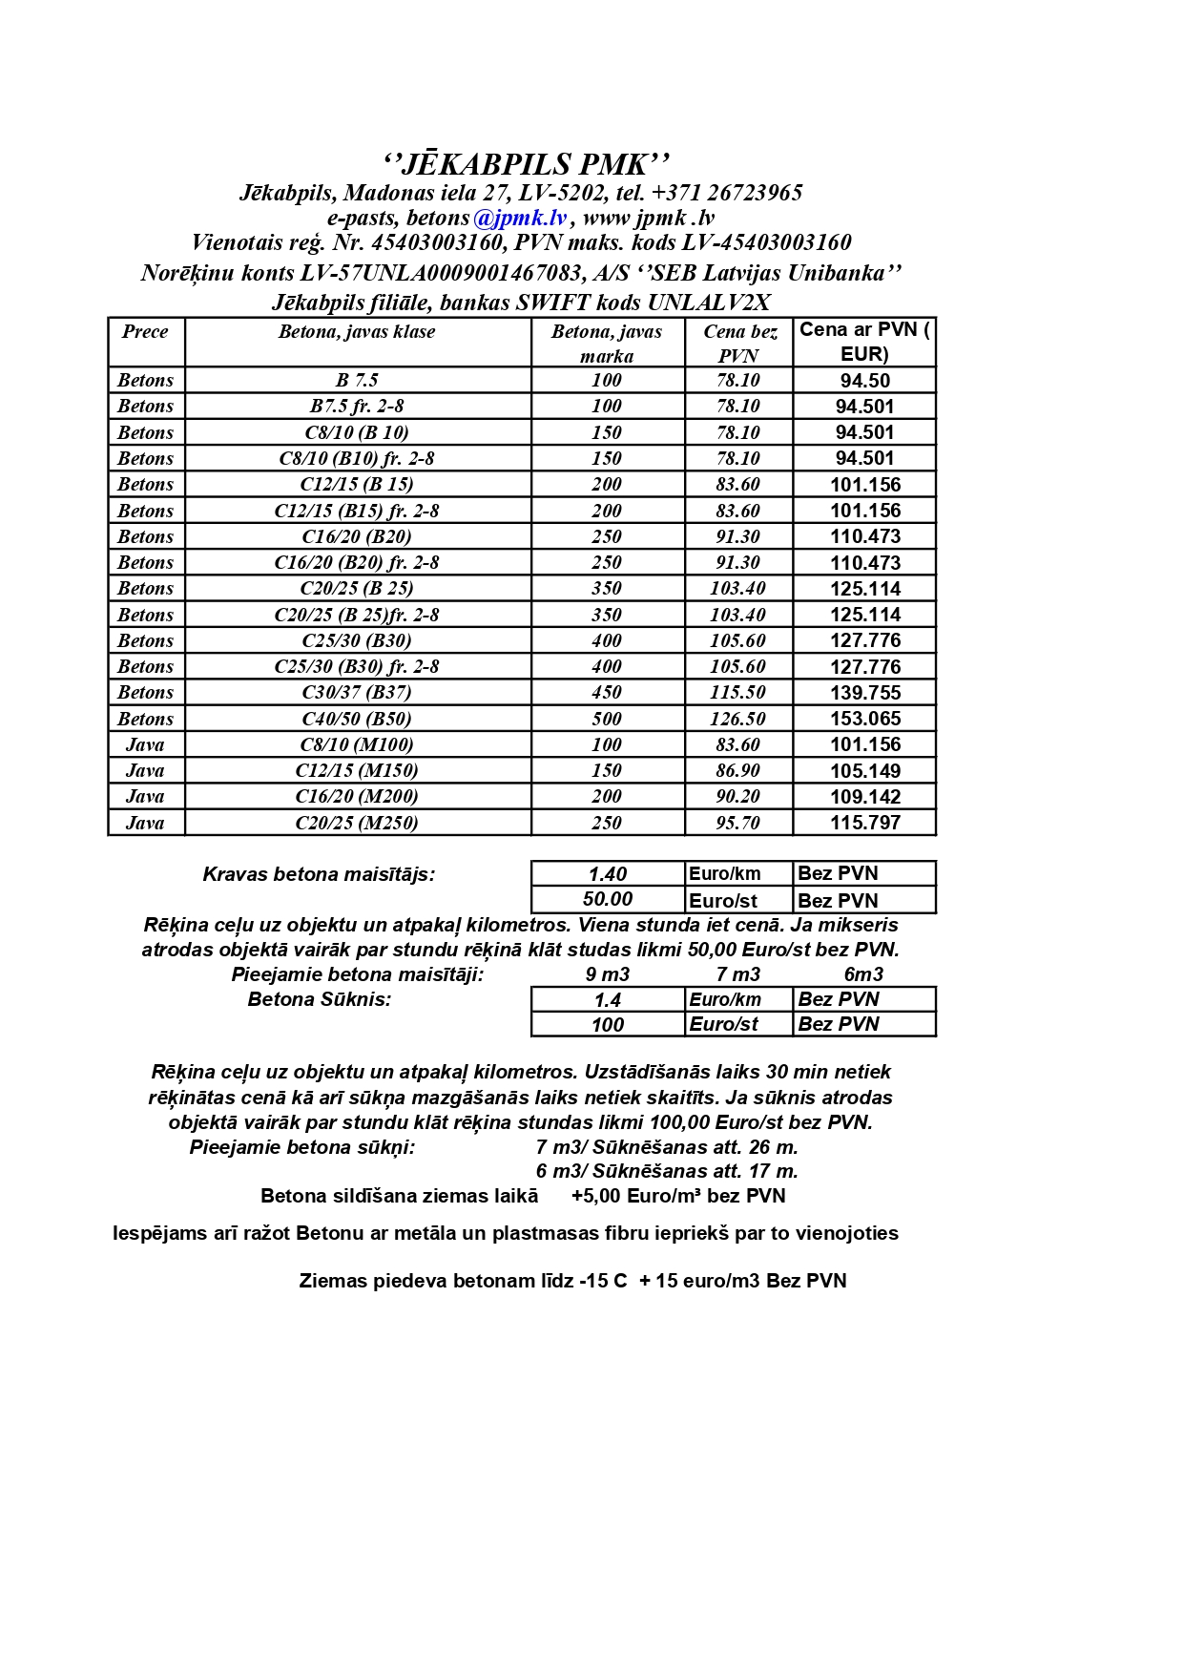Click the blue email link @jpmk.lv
pyautogui.click(x=520, y=219)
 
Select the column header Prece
pyautogui.click(x=145, y=332)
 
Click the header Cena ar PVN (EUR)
pyautogui.click(x=864, y=342)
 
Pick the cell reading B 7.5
pyautogui.click(x=357, y=380)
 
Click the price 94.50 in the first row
pyautogui.click(x=864, y=381)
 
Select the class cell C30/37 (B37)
pyautogui.click(x=357, y=693)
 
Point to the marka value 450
pyautogui.click(x=607, y=693)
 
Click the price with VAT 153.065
pyautogui.click(x=864, y=719)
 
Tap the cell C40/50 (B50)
pyautogui.click(x=357, y=719)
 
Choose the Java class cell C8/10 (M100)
pyautogui.click(x=357, y=744)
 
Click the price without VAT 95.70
pyautogui.click(x=737, y=823)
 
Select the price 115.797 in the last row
pyautogui.click(x=864, y=823)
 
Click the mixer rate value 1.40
pyautogui.click(x=608, y=874)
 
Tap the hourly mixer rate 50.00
pyautogui.click(x=608, y=899)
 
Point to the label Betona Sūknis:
pyautogui.click(x=320, y=999)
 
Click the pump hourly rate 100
pyautogui.click(x=608, y=1025)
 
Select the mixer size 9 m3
pyautogui.click(x=608, y=974)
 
